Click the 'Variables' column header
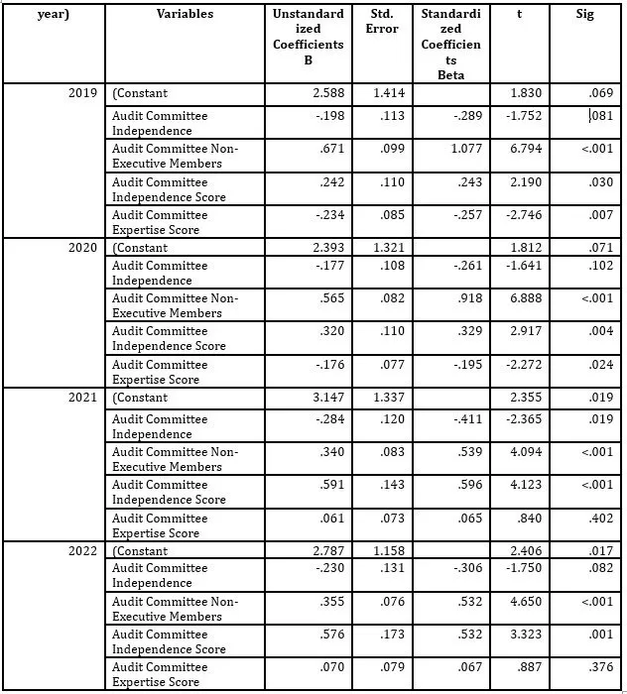pyautogui.click(x=185, y=15)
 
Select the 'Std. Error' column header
pyautogui.click(x=382, y=22)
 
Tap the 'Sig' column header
pyautogui.click(x=585, y=15)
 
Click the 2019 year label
pyautogui.click(x=83, y=93)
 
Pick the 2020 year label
pyautogui.click(x=83, y=248)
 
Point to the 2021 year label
pyautogui.click(x=83, y=398)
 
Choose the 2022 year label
pyautogui.click(x=83, y=550)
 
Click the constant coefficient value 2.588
pyautogui.click(x=327, y=93)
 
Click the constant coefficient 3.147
pyautogui.click(x=327, y=398)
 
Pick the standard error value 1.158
pyautogui.click(x=383, y=550)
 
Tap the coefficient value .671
pyautogui.click(x=332, y=149)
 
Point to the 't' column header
pyautogui.click(x=519, y=15)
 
